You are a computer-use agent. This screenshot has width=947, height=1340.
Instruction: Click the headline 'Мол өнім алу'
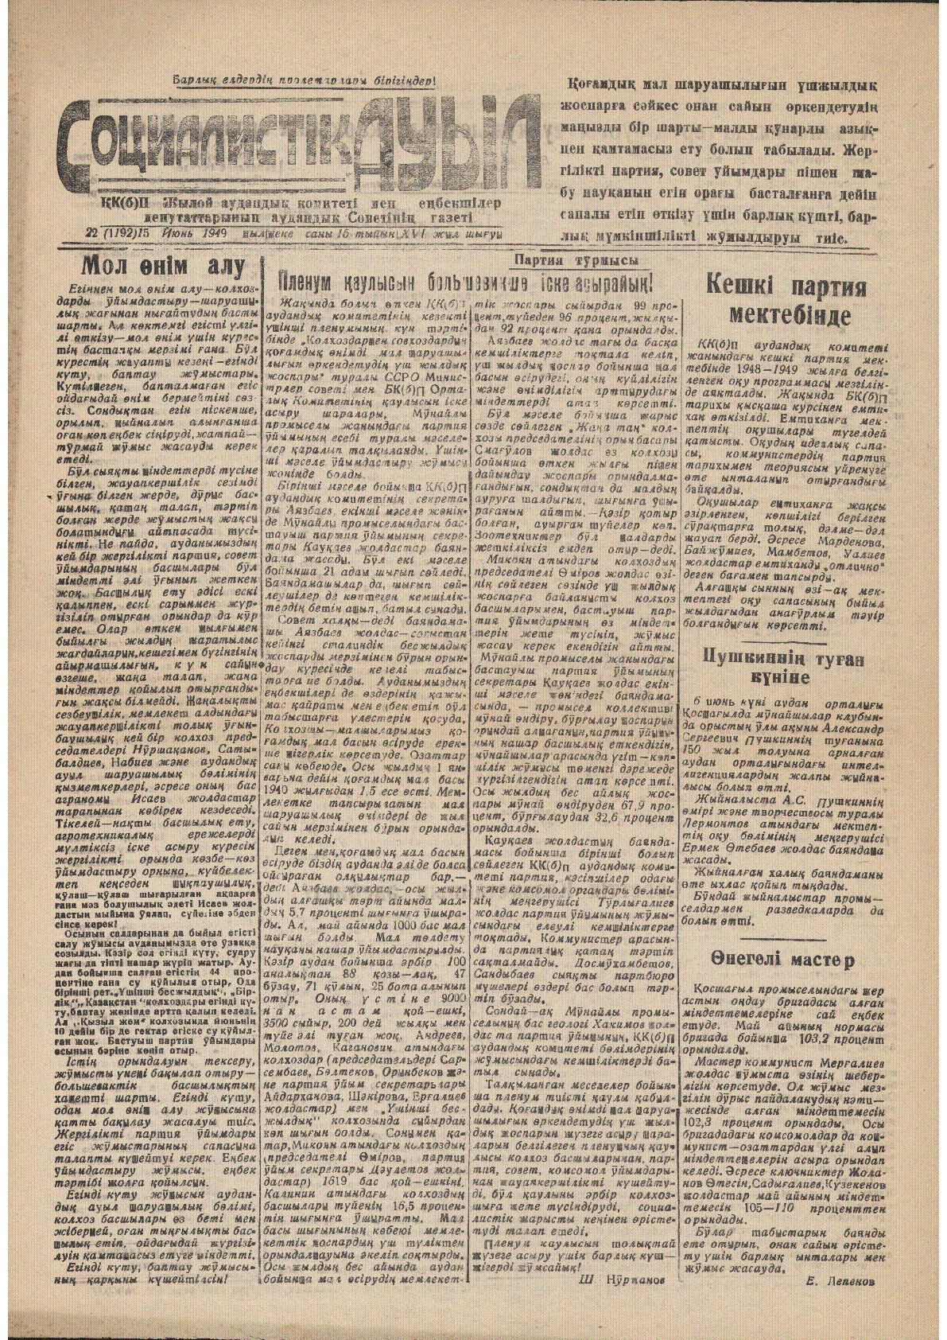click(164, 265)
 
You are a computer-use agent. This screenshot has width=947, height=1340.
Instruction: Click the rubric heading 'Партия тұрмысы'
click(576, 261)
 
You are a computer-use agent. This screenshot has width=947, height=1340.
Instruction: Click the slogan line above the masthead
click(305, 80)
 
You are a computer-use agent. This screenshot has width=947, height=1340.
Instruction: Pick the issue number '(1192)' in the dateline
click(120, 234)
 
